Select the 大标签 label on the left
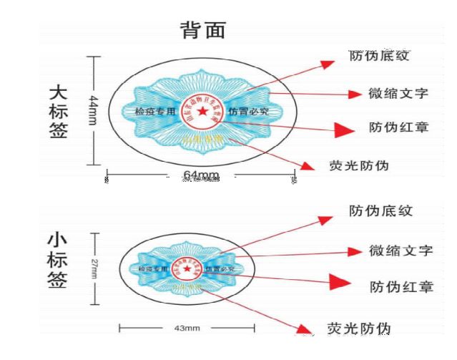tap(58, 112)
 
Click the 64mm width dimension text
tap(201, 175)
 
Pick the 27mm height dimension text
tap(93, 268)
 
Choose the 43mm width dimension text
tap(187, 328)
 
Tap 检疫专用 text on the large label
tap(155, 112)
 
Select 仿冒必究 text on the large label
tap(247, 112)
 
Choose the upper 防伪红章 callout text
tap(399, 128)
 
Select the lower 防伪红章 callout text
tap(401, 286)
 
